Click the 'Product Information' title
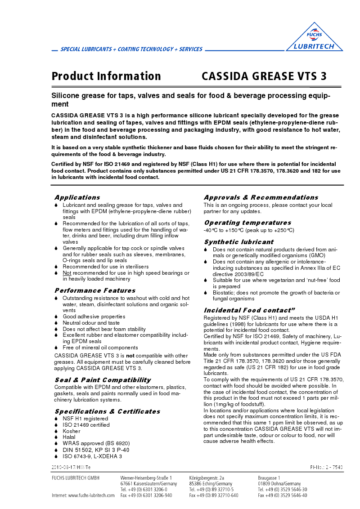[x=106, y=76]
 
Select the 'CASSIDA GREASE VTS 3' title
[x=264, y=76]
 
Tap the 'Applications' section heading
[x=77, y=197]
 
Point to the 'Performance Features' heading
[x=94, y=290]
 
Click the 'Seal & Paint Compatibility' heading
[x=103, y=380]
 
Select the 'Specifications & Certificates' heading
[x=107, y=411]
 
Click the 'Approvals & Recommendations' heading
[x=261, y=197]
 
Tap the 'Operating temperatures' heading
[x=247, y=223]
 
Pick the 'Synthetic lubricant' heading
[x=238, y=242]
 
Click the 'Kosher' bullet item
[x=71, y=431]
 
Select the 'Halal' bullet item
[x=69, y=437]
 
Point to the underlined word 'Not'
[x=67, y=273]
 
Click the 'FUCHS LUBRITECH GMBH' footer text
[x=76, y=478]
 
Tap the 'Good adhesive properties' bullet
[x=94, y=317]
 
